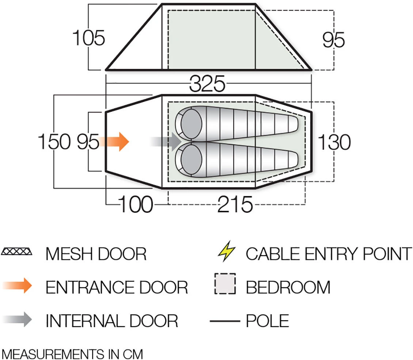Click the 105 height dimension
88,38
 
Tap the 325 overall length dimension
207,84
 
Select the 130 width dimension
334,142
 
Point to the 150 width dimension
54,142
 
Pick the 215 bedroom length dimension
235,204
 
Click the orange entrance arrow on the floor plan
114,142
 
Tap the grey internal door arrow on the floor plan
166,142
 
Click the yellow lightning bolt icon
226,251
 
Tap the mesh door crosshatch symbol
16,251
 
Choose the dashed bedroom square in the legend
225,284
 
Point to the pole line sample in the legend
225,321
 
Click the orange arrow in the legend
17,286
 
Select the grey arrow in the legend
17,319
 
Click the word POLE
267,321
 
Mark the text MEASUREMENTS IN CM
72,354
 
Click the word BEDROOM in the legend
288,287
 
